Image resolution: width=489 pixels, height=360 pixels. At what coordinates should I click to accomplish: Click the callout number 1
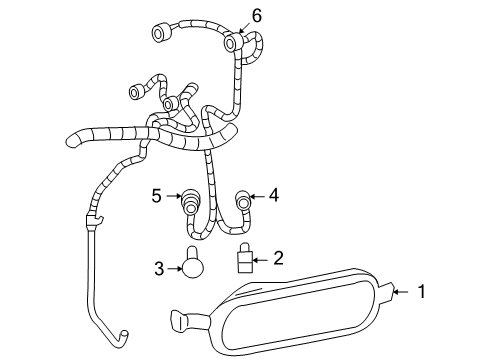coord(422,292)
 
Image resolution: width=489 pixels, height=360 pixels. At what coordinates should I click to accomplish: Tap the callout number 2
coord(279,258)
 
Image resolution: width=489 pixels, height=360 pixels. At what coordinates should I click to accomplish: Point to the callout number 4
coord(274,196)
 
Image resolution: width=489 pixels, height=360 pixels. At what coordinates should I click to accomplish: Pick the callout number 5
coord(157,195)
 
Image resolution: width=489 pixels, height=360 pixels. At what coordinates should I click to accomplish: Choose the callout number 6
coord(257,15)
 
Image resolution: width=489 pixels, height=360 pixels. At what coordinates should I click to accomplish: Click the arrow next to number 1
coord(400,292)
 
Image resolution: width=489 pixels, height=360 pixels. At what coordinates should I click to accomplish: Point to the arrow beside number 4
coord(257,196)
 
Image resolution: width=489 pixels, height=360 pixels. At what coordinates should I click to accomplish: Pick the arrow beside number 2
coord(263,259)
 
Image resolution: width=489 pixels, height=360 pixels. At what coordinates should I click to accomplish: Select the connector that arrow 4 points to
coord(242,198)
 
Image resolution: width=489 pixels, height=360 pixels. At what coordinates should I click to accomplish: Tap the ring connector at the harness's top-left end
coord(157,35)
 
